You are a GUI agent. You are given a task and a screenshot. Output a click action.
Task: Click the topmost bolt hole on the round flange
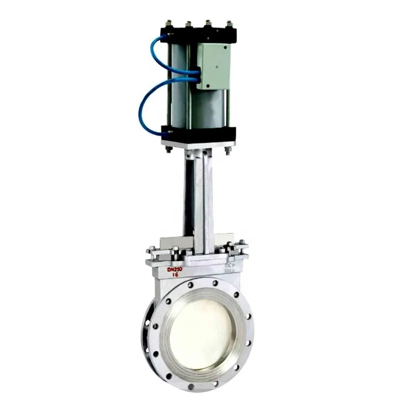(215, 283)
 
